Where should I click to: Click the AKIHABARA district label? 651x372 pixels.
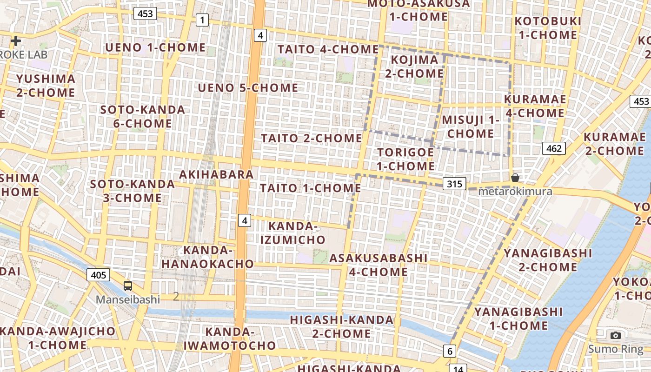click(217, 174)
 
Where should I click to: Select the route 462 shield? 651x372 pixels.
click(553, 148)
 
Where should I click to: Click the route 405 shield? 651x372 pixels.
click(98, 275)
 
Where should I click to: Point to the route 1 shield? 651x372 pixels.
click(202, 20)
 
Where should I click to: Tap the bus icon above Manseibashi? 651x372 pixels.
click(128, 286)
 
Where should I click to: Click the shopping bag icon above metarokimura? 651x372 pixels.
click(515, 178)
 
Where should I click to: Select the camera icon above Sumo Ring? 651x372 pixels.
click(616, 335)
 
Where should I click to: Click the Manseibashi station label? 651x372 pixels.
click(128, 299)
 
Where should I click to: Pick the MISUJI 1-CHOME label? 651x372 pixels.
click(470, 126)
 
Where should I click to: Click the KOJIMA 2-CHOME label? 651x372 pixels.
click(414, 66)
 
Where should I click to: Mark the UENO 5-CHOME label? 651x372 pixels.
click(248, 88)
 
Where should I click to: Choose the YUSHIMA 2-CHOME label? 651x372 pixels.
click(46, 86)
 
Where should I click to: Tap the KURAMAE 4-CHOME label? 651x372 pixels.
click(535, 106)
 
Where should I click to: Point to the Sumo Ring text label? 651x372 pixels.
click(616, 349)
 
